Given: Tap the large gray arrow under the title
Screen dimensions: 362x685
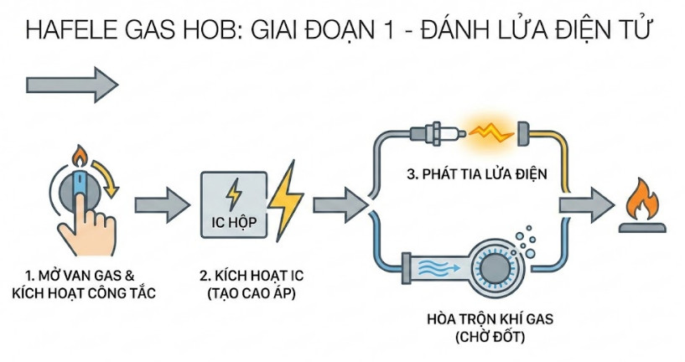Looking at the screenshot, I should [72, 85].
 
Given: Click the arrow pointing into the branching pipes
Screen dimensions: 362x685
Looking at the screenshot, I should [340, 204].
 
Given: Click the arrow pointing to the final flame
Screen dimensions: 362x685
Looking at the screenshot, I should [587, 204].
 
